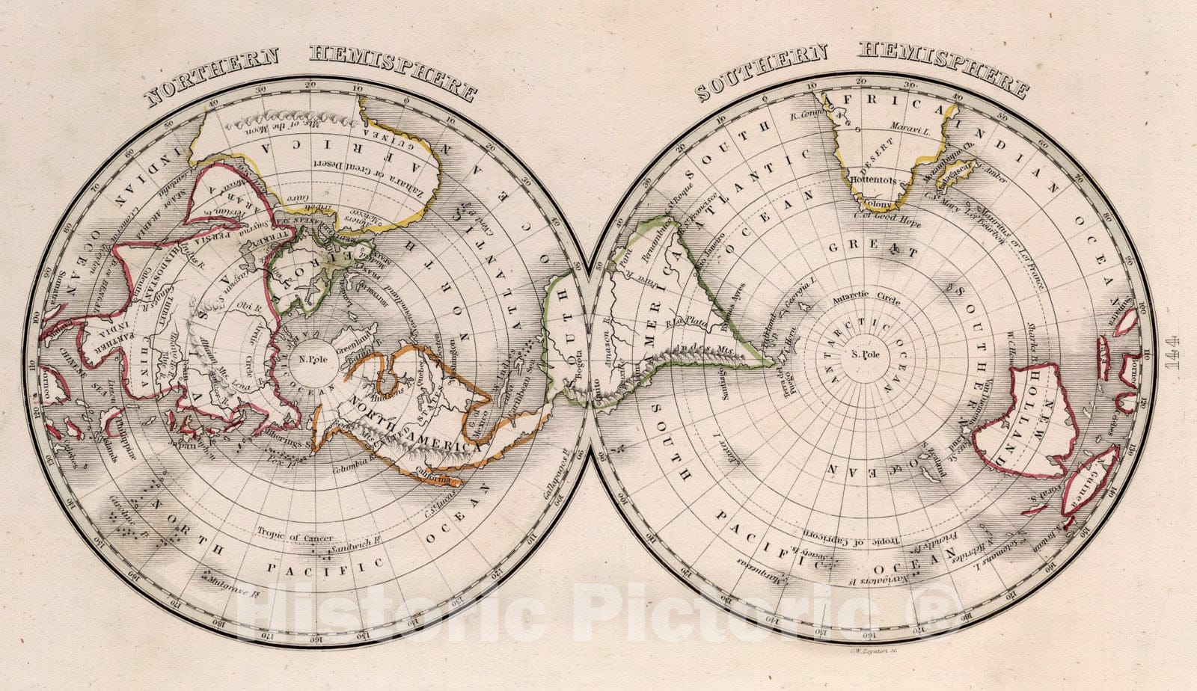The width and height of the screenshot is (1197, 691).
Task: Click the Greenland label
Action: point(355,347)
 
